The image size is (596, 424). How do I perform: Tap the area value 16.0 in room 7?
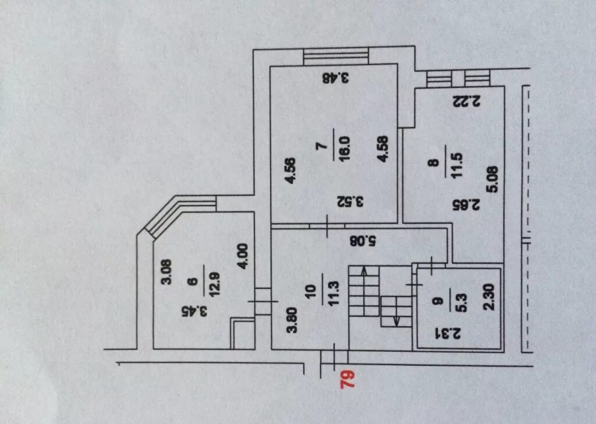click(344, 150)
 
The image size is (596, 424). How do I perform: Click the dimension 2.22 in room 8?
click(466, 101)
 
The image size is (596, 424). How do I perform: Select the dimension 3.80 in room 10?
click(294, 319)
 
